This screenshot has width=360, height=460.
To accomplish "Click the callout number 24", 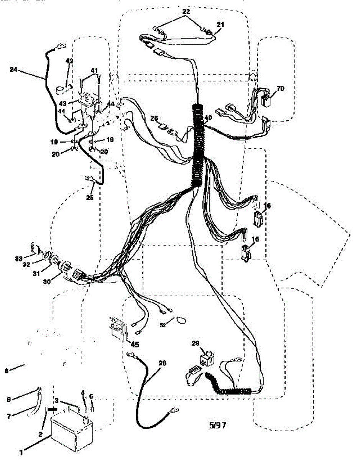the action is [x=14, y=69].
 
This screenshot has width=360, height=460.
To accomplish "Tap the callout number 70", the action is [x=280, y=89].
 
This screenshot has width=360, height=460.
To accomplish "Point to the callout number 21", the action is [x=220, y=24].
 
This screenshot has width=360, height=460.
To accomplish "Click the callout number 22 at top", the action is [x=186, y=11].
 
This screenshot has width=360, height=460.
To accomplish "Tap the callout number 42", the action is [x=69, y=61].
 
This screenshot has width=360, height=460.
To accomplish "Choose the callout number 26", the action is [x=154, y=118].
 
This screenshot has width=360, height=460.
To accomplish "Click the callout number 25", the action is [x=90, y=198].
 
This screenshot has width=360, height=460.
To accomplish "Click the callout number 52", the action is [x=163, y=325].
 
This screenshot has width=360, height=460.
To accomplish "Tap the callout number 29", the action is [x=195, y=343].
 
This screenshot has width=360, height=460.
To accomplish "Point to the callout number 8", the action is [x=6, y=371].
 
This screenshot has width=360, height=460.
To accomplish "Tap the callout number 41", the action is [x=94, y=71].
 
